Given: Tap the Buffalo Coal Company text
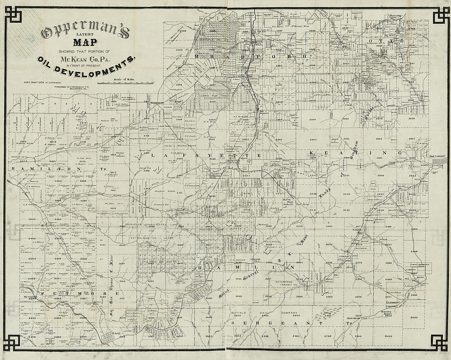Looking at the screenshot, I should pos(271,312).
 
